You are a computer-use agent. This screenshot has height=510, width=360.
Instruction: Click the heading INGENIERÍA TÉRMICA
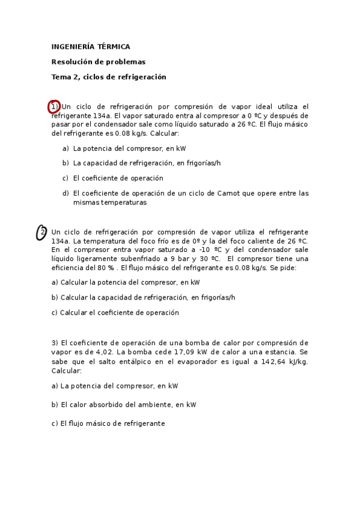(x=90, y=46)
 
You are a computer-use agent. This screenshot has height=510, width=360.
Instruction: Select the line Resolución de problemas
(x=99, y=61)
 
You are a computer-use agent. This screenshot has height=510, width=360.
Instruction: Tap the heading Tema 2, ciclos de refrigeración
(x=109, y=77)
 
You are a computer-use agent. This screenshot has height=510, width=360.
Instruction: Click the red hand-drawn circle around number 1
(x=54, y=107)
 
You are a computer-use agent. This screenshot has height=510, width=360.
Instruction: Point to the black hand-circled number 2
(x=41, y=233)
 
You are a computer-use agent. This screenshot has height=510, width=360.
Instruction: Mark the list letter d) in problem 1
(x=66, y=193)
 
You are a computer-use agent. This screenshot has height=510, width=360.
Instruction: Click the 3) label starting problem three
(x=55, y=343)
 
